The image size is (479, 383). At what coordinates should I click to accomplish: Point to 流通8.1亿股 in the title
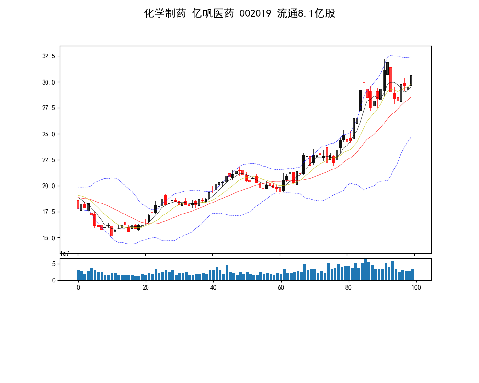[x=307, y=13]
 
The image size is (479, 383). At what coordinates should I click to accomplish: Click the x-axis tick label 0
[x=78, y=288]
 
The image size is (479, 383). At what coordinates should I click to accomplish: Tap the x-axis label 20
[x=146, y=288]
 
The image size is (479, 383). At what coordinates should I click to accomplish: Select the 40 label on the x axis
[x=213, y=288]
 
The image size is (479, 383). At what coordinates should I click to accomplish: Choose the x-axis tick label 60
[x=281, y=288]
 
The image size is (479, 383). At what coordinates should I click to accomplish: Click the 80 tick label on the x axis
[x=348, y=288]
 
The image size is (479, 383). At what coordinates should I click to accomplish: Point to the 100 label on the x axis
[x=416, y=288]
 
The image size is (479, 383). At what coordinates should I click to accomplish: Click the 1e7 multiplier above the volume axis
[x=65, y=254]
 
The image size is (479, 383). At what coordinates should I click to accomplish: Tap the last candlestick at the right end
[x=411, y=80]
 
